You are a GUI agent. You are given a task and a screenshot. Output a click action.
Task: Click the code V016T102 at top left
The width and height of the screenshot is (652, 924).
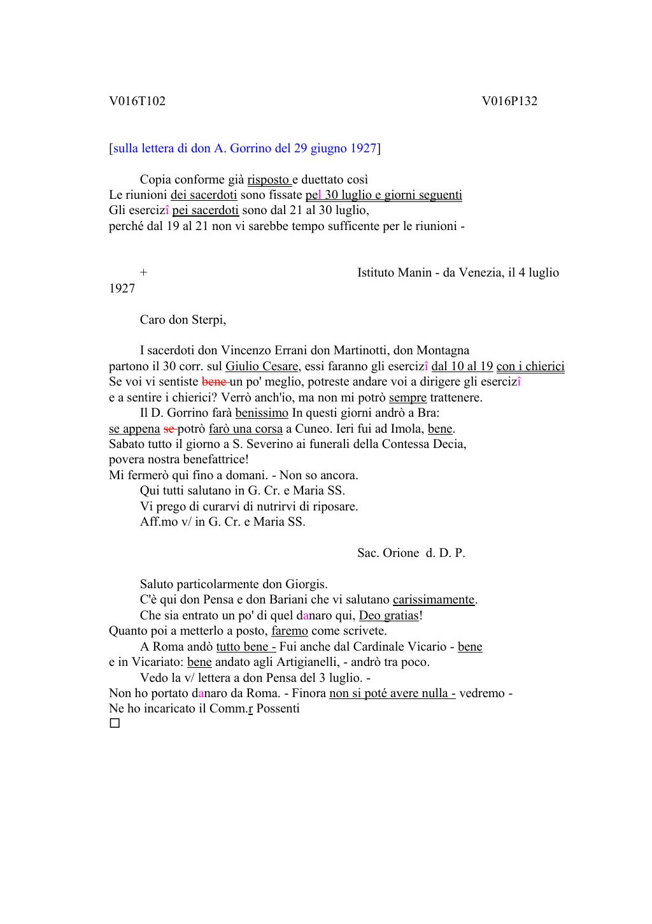(x=137, y=101)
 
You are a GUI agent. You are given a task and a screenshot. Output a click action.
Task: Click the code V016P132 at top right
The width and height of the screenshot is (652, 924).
(x=509, y=101)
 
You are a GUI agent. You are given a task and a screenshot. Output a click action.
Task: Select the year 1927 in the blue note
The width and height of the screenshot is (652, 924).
(x=363, y=148)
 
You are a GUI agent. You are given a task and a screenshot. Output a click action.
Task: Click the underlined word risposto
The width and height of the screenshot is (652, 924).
(x=268, y=180)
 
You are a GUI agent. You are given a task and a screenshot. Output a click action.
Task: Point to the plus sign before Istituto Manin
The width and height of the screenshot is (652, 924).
(x=144, y=273)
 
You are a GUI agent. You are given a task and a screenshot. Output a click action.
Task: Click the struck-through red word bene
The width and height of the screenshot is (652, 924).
(x=214, y=382)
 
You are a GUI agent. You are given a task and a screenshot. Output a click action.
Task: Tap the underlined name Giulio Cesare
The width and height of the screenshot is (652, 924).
(x=262, y=366)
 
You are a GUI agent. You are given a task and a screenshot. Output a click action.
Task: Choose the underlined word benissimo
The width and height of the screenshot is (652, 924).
(x=262, y=413)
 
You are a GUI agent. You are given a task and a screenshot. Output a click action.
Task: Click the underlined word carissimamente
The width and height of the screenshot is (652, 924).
(x=434, y=600)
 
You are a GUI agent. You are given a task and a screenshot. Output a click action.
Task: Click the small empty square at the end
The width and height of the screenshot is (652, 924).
(x=115, y=723)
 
